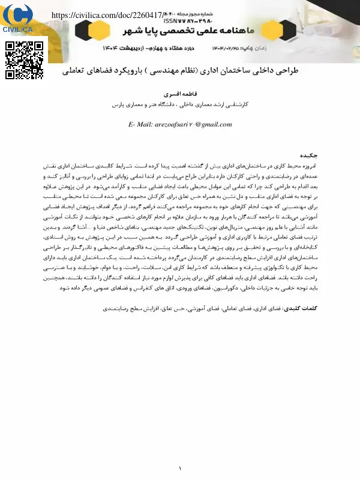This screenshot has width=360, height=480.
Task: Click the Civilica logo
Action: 19,19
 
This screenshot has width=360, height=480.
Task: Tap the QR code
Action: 24,60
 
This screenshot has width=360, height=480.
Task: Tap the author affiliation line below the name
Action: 180,104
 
